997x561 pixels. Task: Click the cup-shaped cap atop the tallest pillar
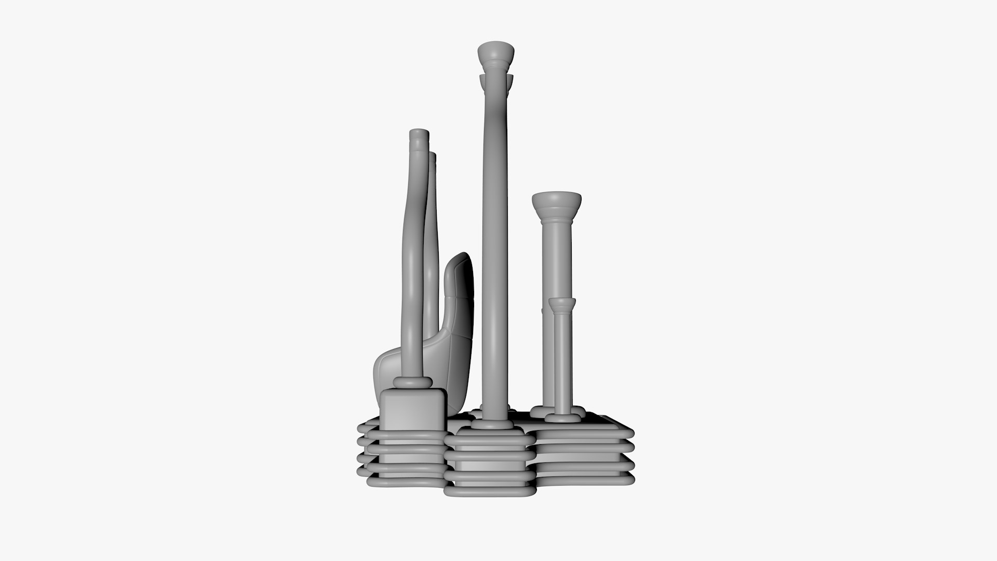pyautogui.click(x=496, y=52)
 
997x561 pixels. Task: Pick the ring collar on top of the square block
pyautogui.click(x=413, y=383)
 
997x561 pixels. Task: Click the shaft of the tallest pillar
pyautogui.click(x=494, y=234)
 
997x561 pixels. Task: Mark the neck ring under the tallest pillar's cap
pyautogui.click(x=496, y=66)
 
